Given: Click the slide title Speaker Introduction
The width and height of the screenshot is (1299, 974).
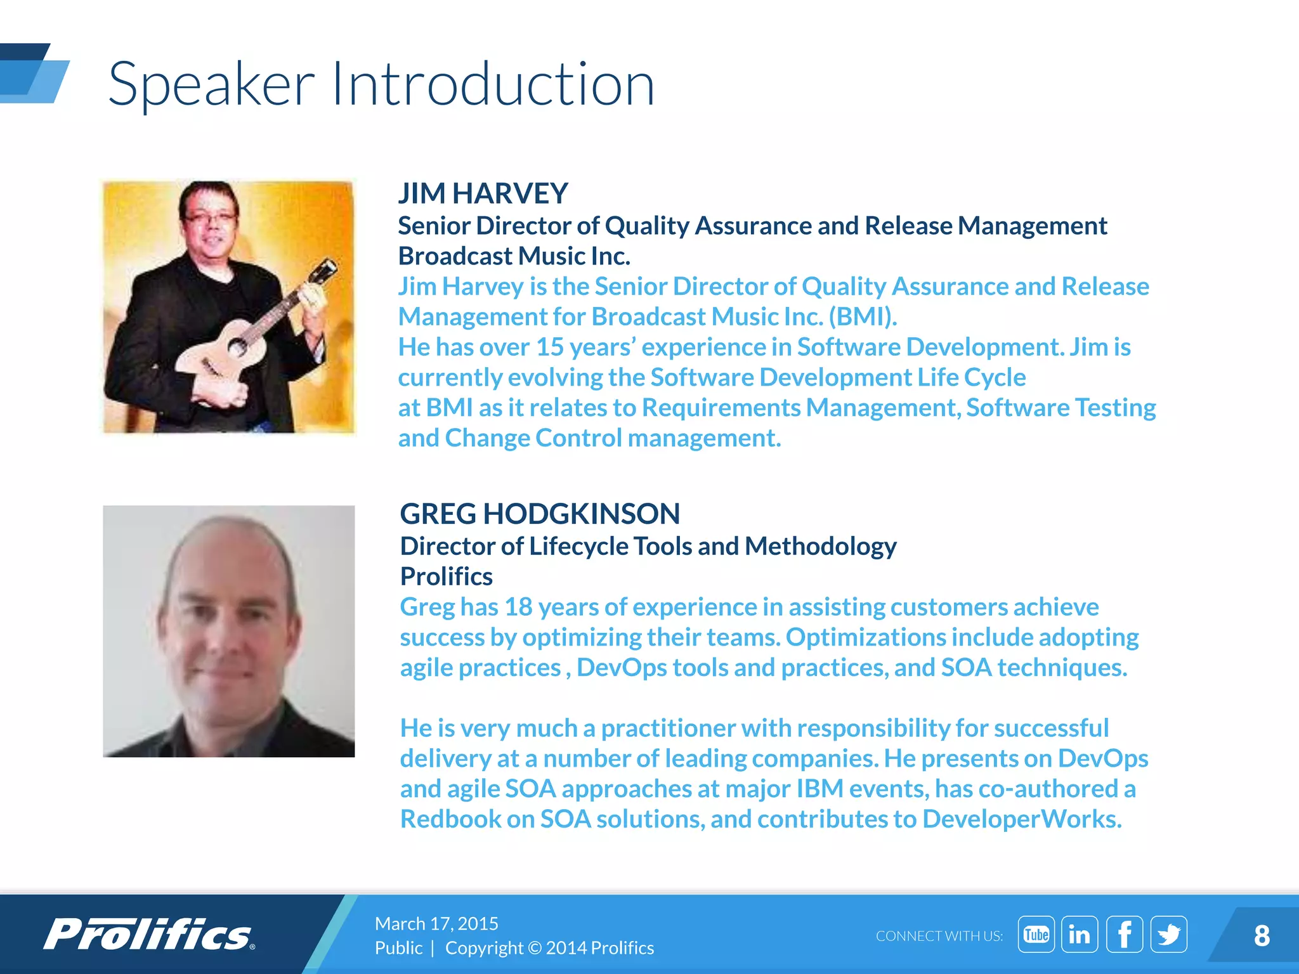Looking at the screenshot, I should [381, 84].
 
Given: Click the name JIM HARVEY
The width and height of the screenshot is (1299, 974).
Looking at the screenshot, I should [483, 193].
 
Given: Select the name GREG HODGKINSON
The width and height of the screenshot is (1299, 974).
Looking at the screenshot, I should [540, 514].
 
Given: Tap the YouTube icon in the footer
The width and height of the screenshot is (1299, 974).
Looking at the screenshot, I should [1036, 934].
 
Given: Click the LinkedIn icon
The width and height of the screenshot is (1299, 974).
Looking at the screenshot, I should [1080, 934].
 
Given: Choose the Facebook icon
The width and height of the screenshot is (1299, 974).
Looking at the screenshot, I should [1124, 934].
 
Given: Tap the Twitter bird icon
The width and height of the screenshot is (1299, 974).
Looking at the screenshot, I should [1168, 934].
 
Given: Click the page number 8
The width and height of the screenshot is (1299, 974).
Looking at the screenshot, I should [1262, 935].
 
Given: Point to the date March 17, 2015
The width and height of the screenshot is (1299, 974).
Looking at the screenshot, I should [436, 923].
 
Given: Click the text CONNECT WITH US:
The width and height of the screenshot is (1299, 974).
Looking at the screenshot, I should [939, 936].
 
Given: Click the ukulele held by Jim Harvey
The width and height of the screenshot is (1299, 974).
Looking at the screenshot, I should [254, 330].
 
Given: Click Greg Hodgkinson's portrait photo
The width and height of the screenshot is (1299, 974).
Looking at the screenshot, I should [228, 631].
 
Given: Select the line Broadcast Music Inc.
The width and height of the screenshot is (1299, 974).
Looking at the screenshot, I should [514, 256].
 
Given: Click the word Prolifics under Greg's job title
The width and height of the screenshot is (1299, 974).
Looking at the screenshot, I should [446, 576].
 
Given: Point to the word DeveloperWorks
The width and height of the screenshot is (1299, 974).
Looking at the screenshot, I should [1021, 819].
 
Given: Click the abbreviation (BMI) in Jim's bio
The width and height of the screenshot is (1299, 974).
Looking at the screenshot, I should [863, 316].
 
